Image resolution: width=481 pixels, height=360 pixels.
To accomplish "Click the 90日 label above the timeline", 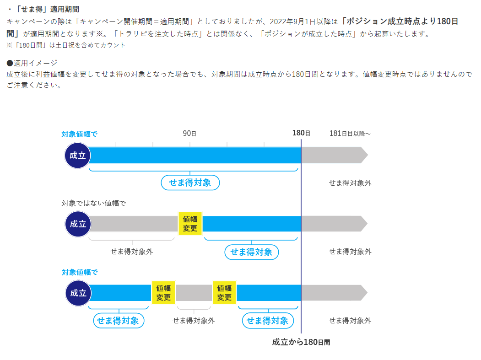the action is pos(189,134).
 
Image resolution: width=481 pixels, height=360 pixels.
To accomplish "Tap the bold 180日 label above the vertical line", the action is pos(301,133).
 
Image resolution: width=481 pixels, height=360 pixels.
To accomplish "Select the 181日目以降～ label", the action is pos(350,134).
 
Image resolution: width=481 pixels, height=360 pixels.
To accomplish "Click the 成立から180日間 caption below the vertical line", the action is pos(301,342).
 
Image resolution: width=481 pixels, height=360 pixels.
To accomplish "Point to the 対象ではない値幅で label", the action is pos(93,203).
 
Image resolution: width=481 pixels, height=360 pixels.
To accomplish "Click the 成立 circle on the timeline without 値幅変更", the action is pos(78,155).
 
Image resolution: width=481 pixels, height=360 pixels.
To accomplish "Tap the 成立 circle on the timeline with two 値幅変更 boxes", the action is pos(78,293).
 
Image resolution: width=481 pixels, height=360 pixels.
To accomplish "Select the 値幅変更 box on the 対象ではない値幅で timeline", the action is pos(190,224).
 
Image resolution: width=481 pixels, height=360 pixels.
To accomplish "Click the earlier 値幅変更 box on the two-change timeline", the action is pos(163,293).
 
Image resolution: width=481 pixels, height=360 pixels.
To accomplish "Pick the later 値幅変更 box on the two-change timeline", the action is pos(224,293).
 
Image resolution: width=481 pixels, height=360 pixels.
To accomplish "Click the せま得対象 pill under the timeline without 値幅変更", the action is pos(190,183).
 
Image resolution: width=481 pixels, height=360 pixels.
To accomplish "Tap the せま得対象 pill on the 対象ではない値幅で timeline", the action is pos(251,252).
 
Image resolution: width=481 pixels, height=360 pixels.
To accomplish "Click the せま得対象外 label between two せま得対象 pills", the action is pos(194,321).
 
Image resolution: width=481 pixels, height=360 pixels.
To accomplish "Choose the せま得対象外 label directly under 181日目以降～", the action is pos(350,183).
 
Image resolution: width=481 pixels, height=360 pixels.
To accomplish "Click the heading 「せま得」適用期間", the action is pos(43,9).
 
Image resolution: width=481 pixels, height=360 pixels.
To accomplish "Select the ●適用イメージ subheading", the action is pos(32,63).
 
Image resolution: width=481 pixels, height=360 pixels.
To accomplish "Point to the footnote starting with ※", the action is pos(66,45).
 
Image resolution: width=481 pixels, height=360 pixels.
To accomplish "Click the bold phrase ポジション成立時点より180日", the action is pos(400,21).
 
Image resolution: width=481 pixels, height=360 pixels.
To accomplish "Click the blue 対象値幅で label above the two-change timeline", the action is pos(80,272).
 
